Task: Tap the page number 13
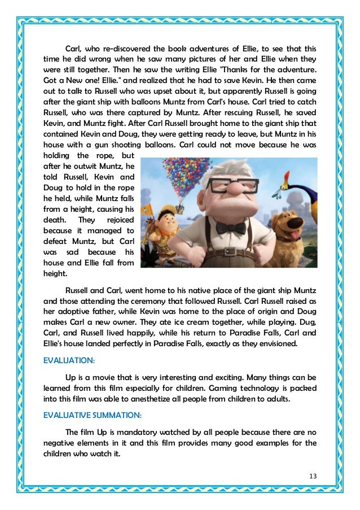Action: point(313,476)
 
